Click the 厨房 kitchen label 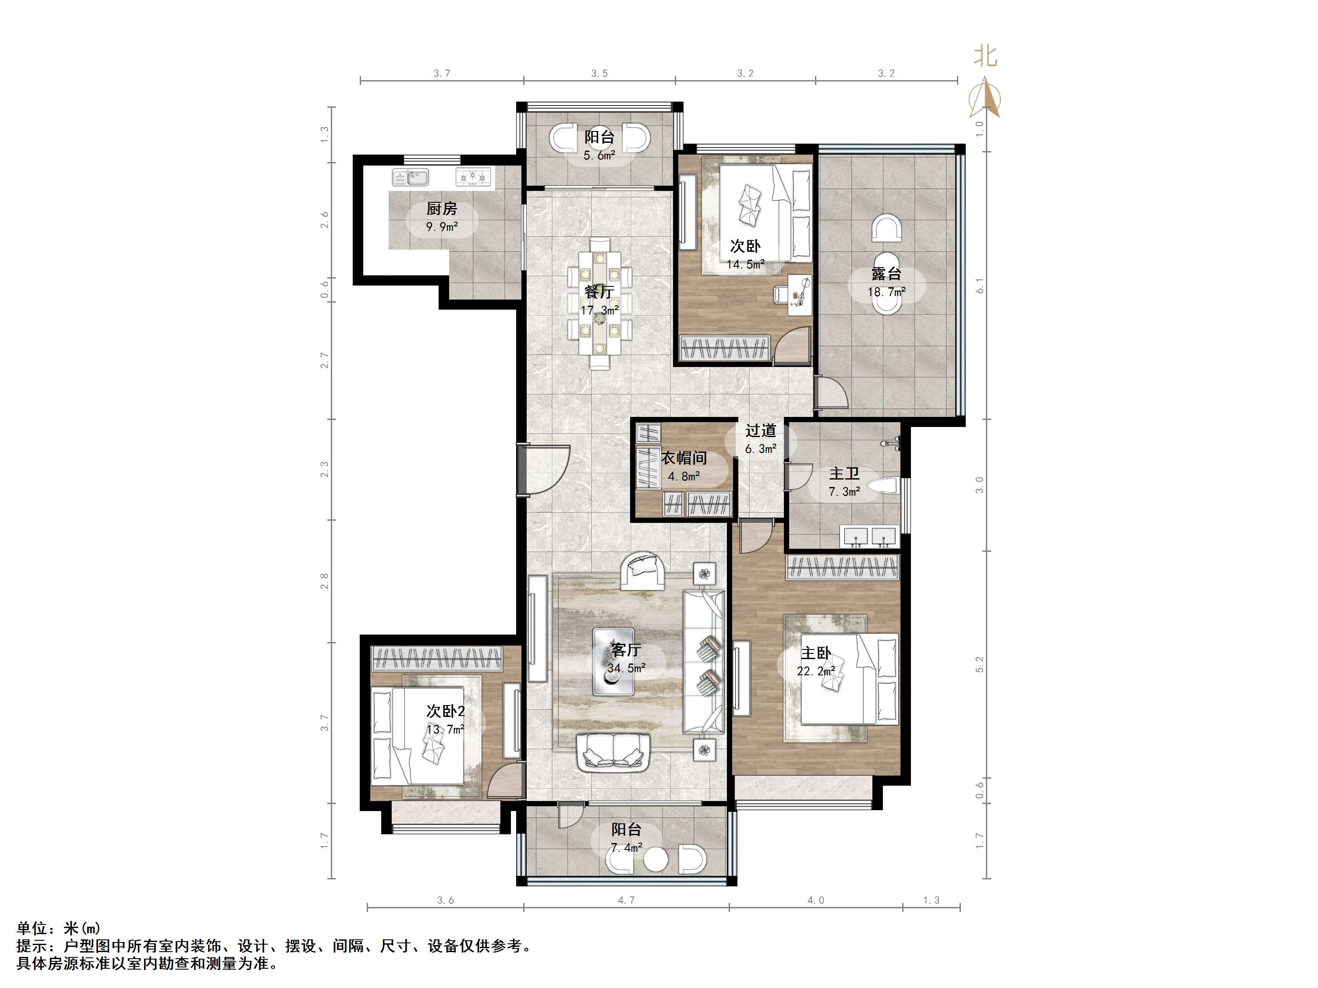[442, 208]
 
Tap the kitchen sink [411, 177]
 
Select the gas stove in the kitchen [474, 176]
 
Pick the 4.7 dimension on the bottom [626, 900]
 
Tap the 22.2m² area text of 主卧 [816, 671]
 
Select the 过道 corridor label [761, 430]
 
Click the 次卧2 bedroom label [445, 711]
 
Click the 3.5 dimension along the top [599, 73]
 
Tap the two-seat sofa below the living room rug [613, 753]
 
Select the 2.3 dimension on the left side [325, 469]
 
